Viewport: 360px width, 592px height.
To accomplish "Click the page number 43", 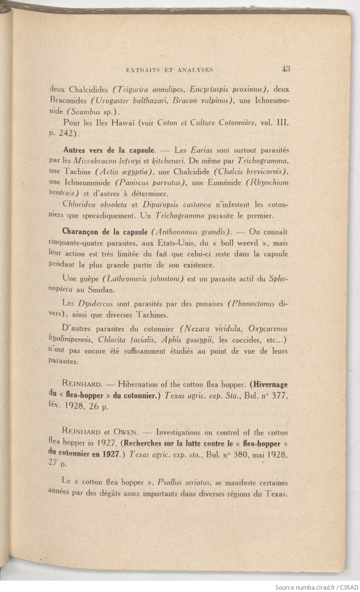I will click(x=285, y=69).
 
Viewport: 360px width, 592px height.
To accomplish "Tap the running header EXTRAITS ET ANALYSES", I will click(x=170, y=70).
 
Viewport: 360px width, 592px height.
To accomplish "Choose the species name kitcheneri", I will click(x=156, y=160).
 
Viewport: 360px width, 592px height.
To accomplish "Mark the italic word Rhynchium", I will click(x=267, y=182).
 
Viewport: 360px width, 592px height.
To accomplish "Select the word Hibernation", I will click(x=138, y=384).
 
